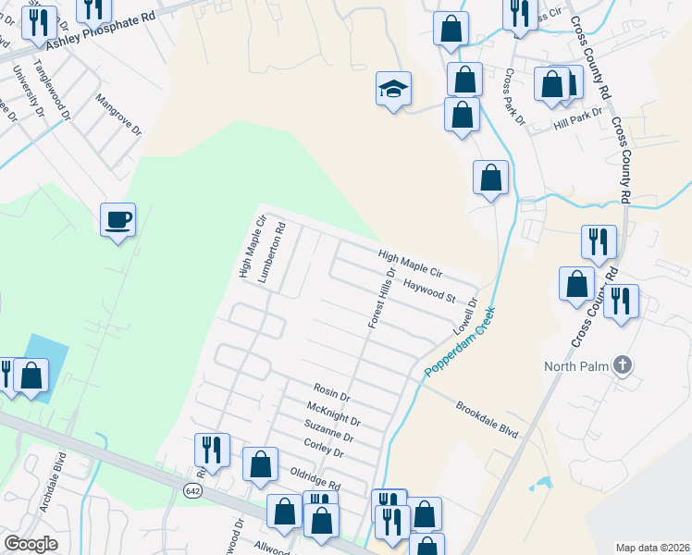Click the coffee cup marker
(117, 220)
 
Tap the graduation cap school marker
(393, 89)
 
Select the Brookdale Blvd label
(487, 419)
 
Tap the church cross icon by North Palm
(623, 364)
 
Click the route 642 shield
(192, 488)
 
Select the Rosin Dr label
(332, 393)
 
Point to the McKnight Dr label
(333, 413)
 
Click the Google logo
(31, 543)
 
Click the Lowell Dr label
(463, 316)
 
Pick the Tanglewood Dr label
(52, 90)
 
